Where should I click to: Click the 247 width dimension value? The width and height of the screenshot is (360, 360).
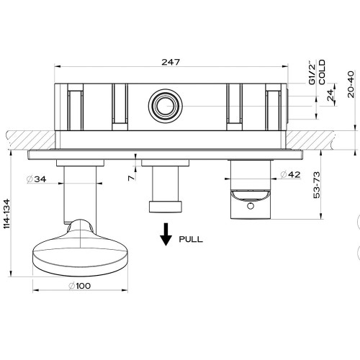click(x=171, y=63)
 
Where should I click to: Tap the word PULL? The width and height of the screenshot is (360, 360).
click(x=191, y=238)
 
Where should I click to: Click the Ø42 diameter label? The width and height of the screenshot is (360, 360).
click(x=290, y=174)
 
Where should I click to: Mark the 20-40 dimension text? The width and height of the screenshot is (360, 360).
click(x=350, y=85)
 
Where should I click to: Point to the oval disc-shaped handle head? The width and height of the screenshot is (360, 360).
click(x=70, y=249)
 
